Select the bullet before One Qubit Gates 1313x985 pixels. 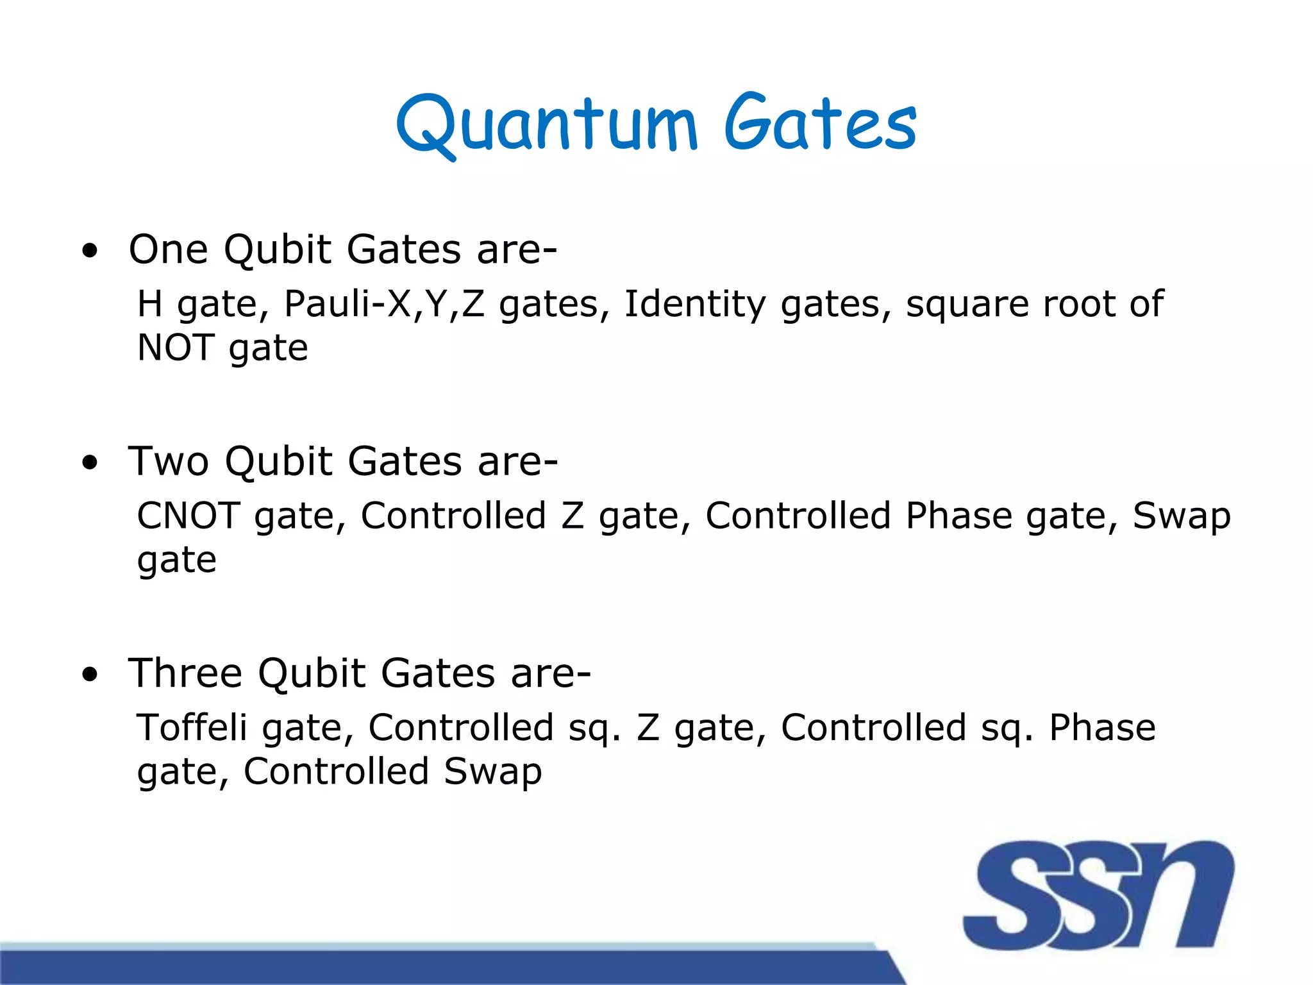click(90, 251)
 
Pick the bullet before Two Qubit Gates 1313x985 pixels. click(90, 463)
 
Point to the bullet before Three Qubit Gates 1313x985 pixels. click(90, 675)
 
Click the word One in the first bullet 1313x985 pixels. click(168, 249)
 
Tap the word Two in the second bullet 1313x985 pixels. click(168, 461)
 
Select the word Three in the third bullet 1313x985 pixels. click(186, 673)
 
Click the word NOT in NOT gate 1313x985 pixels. click(176, 348)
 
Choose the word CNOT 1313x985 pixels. click(188, 516)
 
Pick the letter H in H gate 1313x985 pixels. click(149, 304)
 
